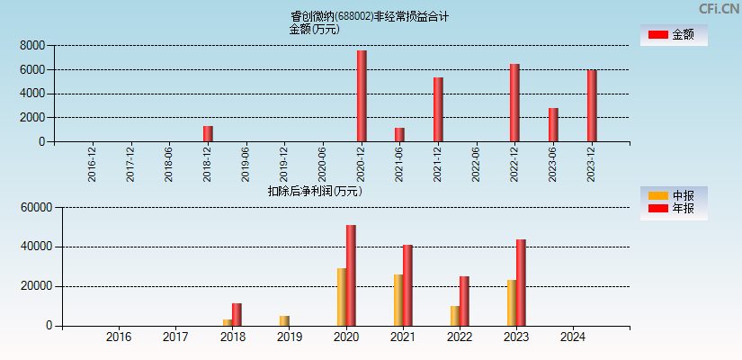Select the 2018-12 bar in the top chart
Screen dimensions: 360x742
(208, 133)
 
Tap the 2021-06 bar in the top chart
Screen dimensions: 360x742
(399, 134)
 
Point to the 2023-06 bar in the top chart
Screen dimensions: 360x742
(553, 124)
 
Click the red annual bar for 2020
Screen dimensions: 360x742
(351, 275)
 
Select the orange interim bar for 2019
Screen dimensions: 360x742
(284, 320)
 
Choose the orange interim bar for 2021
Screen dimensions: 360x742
(398, 300)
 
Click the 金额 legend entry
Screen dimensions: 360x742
(673, 34)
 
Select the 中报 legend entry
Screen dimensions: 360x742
(673, 195)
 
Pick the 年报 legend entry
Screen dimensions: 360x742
(673, 209)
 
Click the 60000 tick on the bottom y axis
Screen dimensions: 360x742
(37, 207)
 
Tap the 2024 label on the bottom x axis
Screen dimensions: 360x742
(573, 337)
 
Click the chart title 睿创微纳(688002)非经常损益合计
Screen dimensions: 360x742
(370, 16)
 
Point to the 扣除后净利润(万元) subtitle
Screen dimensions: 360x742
(315, 191)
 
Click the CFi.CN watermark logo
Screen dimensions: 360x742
(720, 8)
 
